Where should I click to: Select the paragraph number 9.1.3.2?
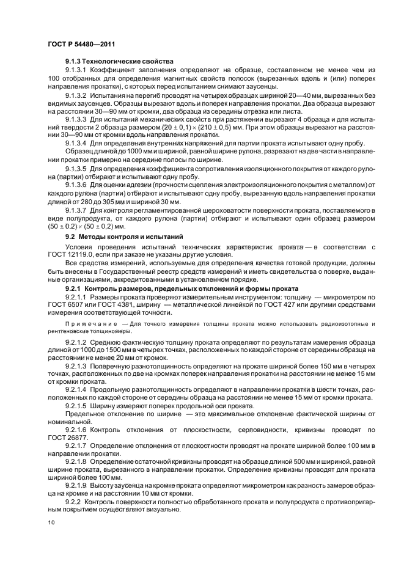(76, 96)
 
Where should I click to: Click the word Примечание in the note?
(92, 322)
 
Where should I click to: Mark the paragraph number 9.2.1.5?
(76, 406)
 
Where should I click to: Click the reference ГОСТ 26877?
(69, 438)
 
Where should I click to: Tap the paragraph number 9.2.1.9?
(76, 483)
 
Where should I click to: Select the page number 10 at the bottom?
(51, 522)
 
